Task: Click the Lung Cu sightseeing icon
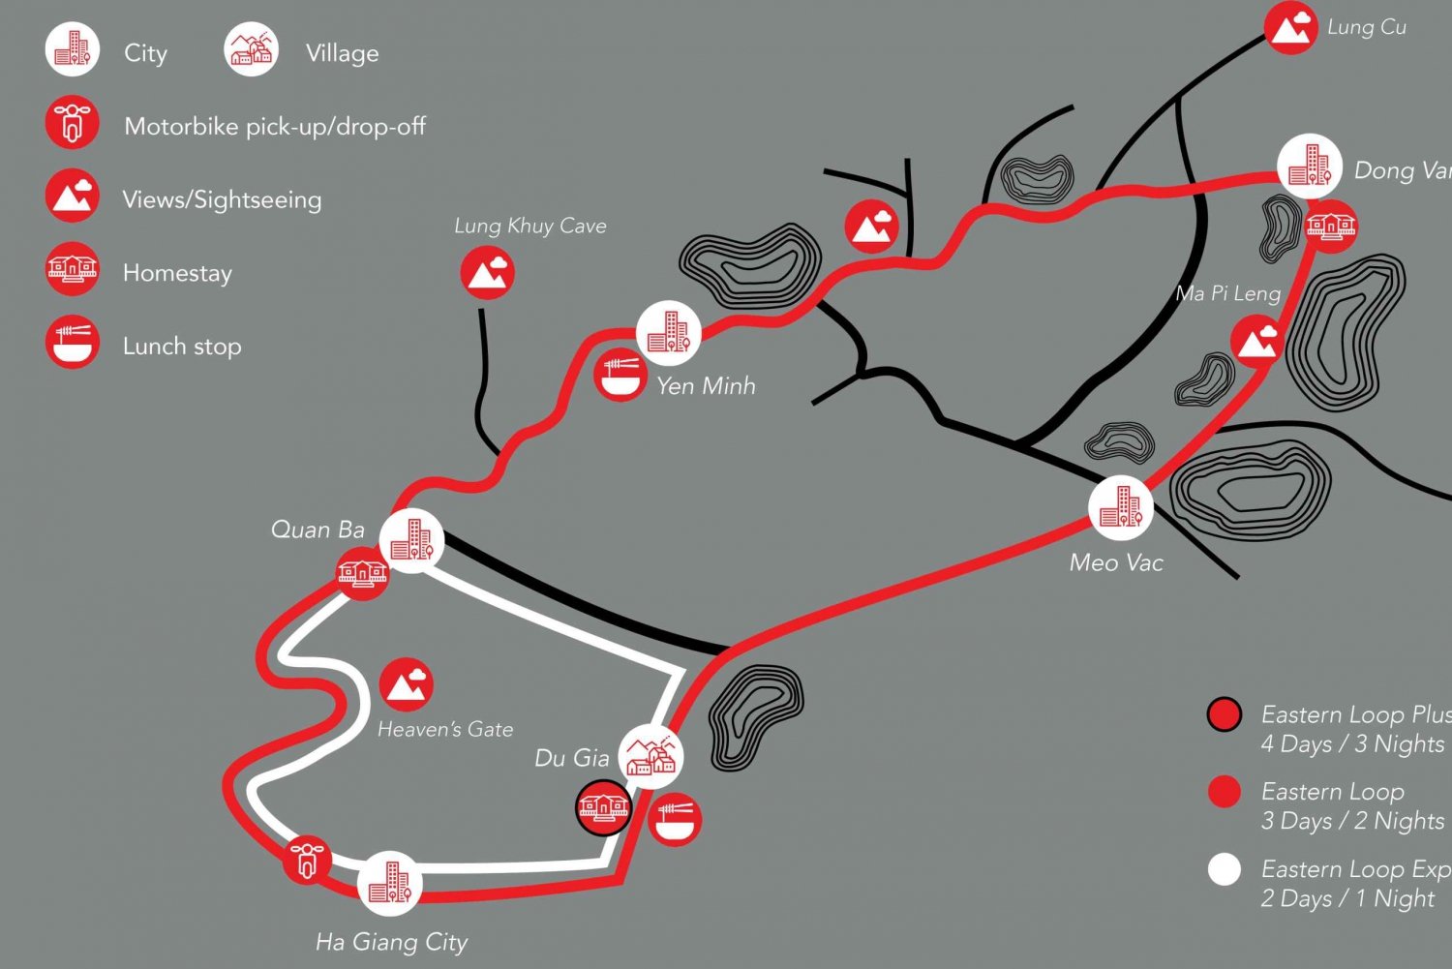(x=1290, y=27)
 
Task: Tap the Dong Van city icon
(x=1309, y=167)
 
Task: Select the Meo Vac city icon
(x=1120, y=507)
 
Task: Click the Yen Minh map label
(x=706, y=386)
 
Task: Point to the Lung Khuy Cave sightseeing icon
(x=487, y=272)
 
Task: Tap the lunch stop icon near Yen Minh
(x=620, y=374)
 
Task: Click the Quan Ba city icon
(x=411, y=540)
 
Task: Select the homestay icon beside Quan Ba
(x=363, y=573)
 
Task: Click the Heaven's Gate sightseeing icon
(x=406, y=684)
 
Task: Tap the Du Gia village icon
(x=650, y=756)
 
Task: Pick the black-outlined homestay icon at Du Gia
(x=604, y=807)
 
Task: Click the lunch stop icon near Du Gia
(x=675, y=820)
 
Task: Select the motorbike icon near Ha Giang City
(x=308, y=860)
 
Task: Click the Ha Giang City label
(x=391, y=942)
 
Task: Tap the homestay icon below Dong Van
(x=1331, y=227)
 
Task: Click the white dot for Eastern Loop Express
(x=1225, y=869)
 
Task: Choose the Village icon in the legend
(x=252, y=50)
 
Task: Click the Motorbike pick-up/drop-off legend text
(x=275, y=126)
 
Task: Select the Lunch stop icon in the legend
(x=73, y=344)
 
